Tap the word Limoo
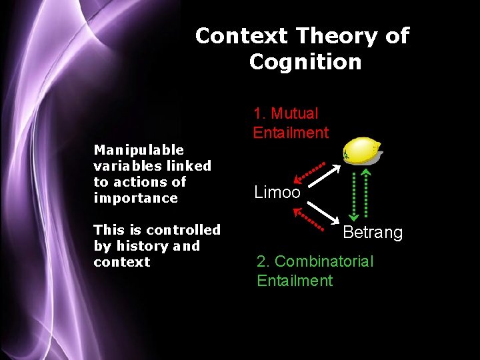[x=277, y=193]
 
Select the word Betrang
[x=372, y=233]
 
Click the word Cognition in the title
[x=305, y=62]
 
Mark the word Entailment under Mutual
[x=291, y=133]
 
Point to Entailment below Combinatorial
[x=295, y=281]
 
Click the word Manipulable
[x=139, y=150]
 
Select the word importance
[x=136, y=198]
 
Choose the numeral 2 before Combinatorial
[x=261, y=261]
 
